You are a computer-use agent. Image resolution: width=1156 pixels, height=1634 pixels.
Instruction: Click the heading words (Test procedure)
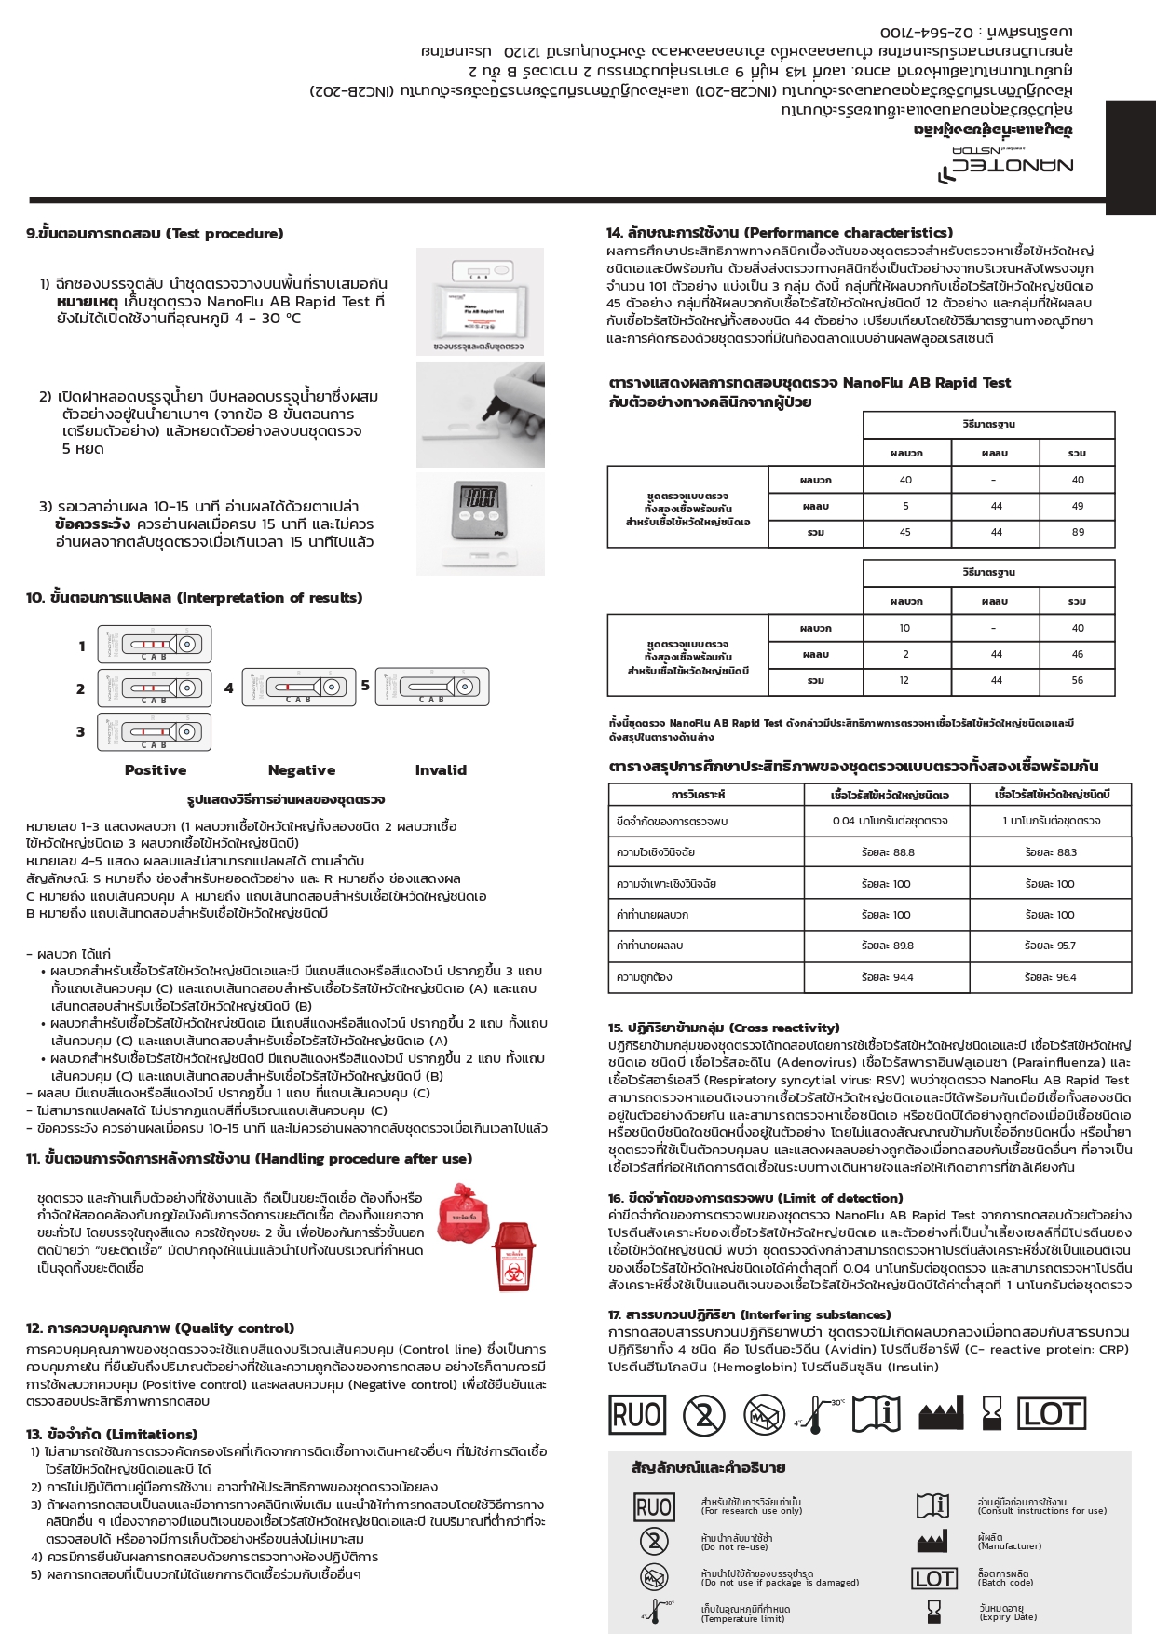224,234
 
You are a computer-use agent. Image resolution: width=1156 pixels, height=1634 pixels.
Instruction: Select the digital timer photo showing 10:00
480,510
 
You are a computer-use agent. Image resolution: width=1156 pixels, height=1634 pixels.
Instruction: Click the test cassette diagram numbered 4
299,688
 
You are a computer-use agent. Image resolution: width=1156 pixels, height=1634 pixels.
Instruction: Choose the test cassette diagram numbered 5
432,688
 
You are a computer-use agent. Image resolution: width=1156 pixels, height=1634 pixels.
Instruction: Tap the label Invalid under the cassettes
441,770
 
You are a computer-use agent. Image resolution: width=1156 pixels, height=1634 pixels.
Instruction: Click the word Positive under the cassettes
156,770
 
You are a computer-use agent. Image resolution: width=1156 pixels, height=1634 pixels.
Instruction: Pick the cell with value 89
1078,532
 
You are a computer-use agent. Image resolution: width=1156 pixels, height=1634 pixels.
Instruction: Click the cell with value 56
1078,680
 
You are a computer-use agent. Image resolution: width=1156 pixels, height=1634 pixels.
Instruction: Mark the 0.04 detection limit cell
890,821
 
